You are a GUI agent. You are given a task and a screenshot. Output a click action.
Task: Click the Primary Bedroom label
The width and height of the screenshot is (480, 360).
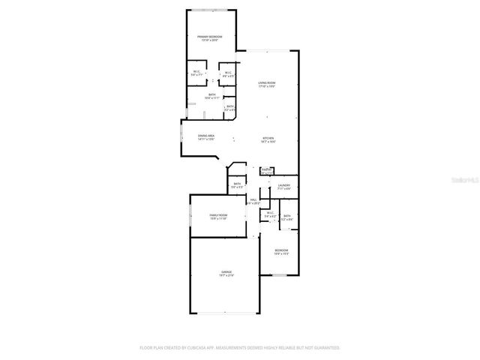pos(210,37)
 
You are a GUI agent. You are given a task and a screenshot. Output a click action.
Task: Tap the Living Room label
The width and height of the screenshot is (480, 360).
pos(267,84)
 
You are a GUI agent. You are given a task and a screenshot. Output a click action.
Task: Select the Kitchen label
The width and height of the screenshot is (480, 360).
pos(268,139)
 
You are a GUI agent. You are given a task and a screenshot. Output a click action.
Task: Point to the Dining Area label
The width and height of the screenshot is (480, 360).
pos(206,136)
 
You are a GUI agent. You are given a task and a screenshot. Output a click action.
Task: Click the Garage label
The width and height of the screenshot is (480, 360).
pos(226,273)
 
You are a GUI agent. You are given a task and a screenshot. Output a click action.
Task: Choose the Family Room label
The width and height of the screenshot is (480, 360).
pos(217,217)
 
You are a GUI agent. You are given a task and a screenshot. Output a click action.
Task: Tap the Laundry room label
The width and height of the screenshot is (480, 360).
pos(283,186)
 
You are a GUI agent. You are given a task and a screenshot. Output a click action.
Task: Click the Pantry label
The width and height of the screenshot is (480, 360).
pos(266,171)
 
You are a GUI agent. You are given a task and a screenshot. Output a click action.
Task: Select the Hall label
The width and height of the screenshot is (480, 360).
pos(253,201)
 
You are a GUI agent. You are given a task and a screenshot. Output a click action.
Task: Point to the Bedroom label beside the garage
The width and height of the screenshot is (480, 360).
pos(281,251)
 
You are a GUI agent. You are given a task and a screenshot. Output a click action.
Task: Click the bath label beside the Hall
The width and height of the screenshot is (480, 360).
pos(237,185)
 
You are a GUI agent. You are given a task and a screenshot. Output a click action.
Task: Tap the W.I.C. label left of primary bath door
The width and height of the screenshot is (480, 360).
pos(197,73)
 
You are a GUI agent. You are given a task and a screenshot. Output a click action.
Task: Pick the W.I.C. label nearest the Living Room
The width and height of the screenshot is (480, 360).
pos(228,73)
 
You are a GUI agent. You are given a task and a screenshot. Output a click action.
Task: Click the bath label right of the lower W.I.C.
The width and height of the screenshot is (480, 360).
pos(287,217)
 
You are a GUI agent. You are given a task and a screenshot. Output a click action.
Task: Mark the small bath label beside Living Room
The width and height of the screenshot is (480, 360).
pos(230,107)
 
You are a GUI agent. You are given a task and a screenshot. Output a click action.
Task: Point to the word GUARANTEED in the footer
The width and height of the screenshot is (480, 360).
pos(322,348)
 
